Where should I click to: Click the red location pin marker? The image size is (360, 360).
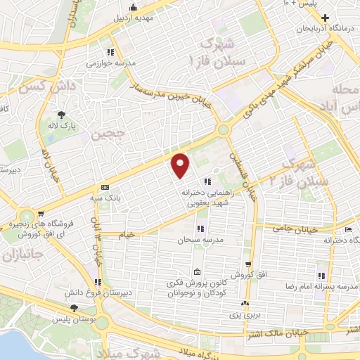[181, 165]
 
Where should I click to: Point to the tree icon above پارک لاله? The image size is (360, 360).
[62, 114]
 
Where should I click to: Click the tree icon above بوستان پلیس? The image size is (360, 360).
[74, 308]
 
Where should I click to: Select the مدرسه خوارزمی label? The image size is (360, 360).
[109, 63]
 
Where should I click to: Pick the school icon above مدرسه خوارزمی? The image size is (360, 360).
[110, 52]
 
